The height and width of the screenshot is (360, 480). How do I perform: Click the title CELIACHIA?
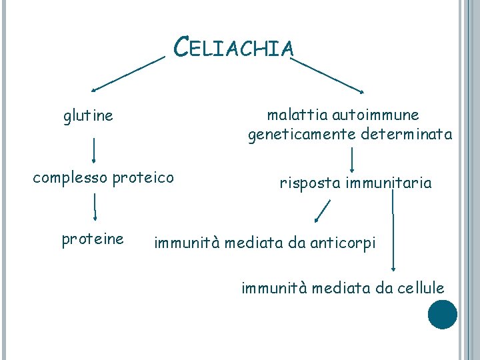(233, 47)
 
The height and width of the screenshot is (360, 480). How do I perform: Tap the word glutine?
(88, 117)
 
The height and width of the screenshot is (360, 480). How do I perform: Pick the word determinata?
(406, 135)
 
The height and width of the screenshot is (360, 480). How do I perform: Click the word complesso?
(71, 178)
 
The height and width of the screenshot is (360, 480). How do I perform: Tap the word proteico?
(144, 178)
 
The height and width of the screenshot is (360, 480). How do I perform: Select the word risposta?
(309, 183)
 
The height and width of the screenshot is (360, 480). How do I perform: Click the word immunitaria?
(389, 183)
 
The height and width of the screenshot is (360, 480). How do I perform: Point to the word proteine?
(93, 239)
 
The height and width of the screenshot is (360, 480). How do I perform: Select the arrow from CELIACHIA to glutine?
(128, 73)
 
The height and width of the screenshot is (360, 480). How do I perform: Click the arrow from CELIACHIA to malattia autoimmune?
(328, 74)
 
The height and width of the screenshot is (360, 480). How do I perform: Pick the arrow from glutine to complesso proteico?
(93, 151)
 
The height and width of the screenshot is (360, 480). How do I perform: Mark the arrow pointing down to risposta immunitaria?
(352, 159)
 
